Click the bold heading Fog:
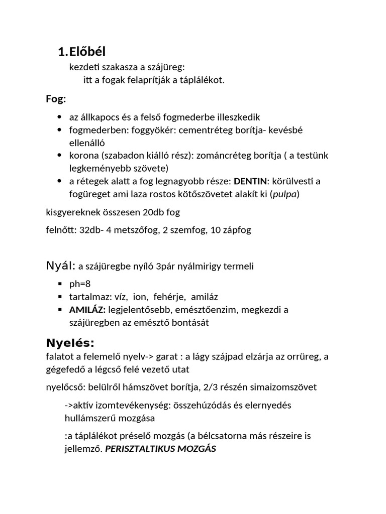click(56, 99)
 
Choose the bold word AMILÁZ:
click(87, 310)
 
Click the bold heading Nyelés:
click(70, 343)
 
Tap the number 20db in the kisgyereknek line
click(143, 212)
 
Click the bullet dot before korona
click(60, 156)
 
